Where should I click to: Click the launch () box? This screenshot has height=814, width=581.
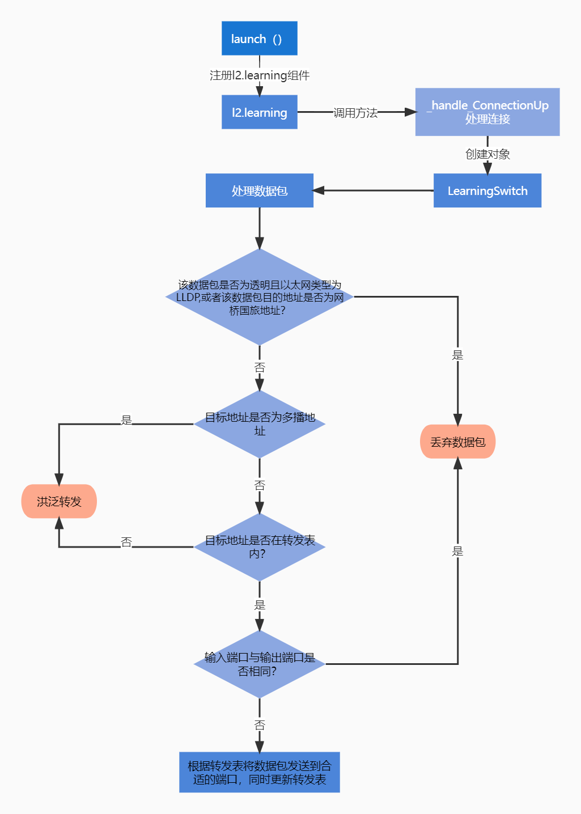point(259,39)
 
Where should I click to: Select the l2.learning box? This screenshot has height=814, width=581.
point(259,112)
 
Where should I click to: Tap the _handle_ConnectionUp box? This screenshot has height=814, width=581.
point(487,112)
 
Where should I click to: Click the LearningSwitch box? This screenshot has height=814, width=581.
point(487,190)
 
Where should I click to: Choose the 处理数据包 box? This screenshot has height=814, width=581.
point(259,190)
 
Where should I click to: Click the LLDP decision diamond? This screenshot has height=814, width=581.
point(259,297)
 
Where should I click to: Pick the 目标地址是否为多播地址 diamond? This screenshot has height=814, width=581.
point(259,424)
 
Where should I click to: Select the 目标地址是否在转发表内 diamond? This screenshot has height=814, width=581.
point(259,547)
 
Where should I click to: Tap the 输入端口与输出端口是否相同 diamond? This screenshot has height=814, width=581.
point(259,664)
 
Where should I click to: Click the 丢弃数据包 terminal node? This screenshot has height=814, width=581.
point(457,442)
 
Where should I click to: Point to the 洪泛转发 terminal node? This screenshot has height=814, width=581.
point(59,501)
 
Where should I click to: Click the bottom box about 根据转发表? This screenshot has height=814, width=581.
point(259,772)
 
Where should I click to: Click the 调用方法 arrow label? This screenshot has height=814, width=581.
point(355,113)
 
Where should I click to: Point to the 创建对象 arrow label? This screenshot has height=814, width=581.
point(487,154)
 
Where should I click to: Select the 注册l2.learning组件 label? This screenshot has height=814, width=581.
point(259,75)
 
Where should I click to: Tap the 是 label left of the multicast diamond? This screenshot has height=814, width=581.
point(126,420)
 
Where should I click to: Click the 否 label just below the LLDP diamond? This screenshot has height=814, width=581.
point(260,367)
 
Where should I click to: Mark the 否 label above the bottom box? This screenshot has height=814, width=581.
point(260,725)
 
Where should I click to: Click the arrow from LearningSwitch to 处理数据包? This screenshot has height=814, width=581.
point(374,190)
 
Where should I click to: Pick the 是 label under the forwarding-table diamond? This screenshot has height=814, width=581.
point(260,605)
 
